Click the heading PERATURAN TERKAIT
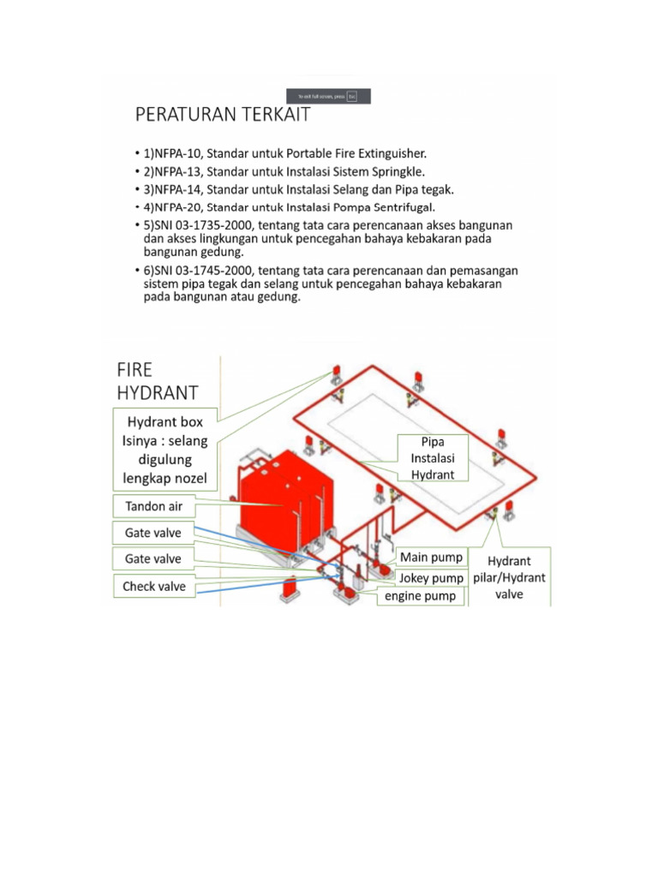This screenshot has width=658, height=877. pos(222,115)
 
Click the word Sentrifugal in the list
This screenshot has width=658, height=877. pos(401,207)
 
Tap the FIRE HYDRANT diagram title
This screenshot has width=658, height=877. pos(157,381)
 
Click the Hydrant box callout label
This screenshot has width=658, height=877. pos(165,450)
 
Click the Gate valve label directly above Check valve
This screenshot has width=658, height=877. pos(153,559)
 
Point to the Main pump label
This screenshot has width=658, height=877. pos(431,558)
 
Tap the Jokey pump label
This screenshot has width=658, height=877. pos(431,577)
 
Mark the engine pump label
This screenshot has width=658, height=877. pos(420,596)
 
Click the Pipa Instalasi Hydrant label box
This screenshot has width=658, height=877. pos(433,457)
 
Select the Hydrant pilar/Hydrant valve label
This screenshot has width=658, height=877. pos(509,576)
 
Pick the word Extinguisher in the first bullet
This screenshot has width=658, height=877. pos(386,153)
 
